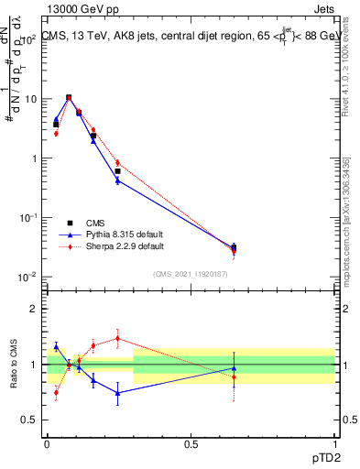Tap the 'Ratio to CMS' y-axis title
(13, 362)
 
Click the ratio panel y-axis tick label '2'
(38, 309)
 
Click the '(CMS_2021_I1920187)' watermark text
(191, 273)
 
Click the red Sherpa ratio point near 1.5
(117, 338)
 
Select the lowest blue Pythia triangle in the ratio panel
(117, 393)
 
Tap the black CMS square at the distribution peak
(69, 97)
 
